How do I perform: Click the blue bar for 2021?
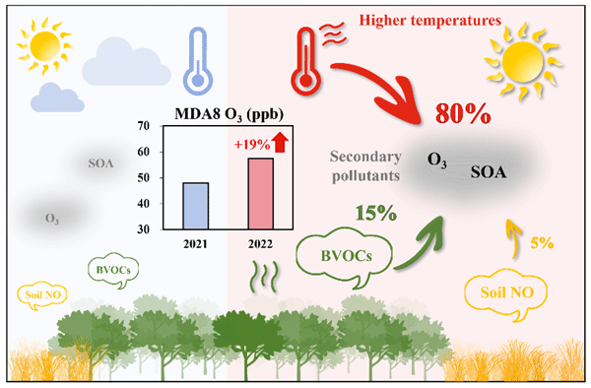pyautogui.click(x=196, y=206)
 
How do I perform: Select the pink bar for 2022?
pyautogui.click(x=260, y=194)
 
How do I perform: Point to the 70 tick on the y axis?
pyautogui.click(x=143, y=126)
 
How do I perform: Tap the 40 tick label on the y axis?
pyautogui.click(x=143, y=204)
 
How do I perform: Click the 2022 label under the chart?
pyautogui.click(x=260, y=244)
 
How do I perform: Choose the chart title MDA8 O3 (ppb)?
pyautogui.click(x=230, y=114)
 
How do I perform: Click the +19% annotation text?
pyautogui.click(x=252, y=145)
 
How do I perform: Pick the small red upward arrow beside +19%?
pyautogui.click(x=280, y=143)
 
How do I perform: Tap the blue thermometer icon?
pyautogui.click(x=198, y=61)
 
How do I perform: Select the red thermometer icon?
pyautogui.click(x=306, y=61)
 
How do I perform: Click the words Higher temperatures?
pyautogui.click(x=430, y=20)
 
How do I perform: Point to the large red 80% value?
pyautogui.click(x=463, y=113)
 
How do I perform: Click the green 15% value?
pyautogui.click(x=376, y=214)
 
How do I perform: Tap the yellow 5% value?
pyautogui.click(x=542, y=243)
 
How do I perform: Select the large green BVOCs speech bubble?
pyautogui.click(x=345, y=256)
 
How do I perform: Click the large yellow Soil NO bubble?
pyautogui.click(x=506, y=292)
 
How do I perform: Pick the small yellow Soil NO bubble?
pyautogui.click(x=42, y=295)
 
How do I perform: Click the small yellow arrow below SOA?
pyautogui.click(x=514, y=238)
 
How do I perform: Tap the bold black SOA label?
pyautogui.click(x=489, y=172)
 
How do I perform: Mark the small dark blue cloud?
pyautogui.click(x=57, y=97)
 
